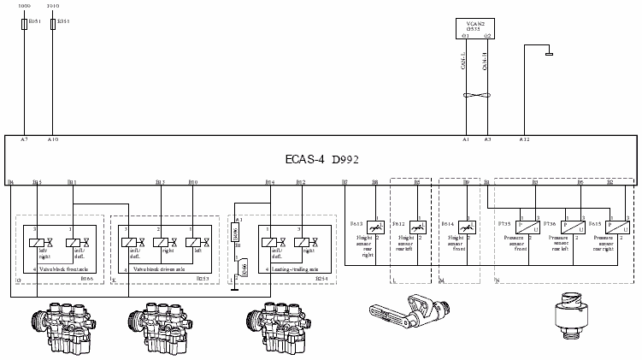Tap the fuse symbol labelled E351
click(54, 25)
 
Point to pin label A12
click(524, 139)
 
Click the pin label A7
click(24, 139)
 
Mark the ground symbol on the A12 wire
click(549, 55)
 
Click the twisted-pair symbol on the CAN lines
click(476, 92)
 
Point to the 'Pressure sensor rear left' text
click(562, 249)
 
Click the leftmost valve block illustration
click(60, 324)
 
